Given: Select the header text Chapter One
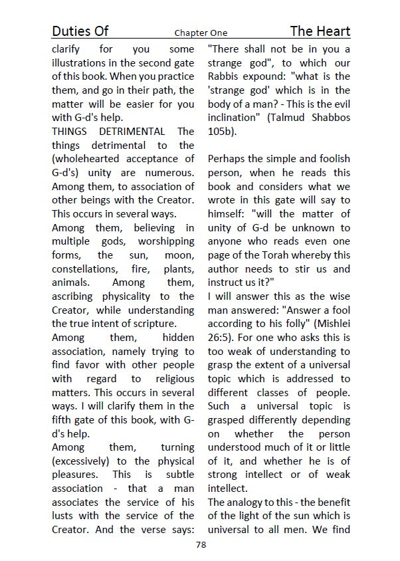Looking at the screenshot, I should (201, 33).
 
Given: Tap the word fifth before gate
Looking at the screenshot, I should (64, 419).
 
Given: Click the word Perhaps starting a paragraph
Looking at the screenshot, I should (228, 159).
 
